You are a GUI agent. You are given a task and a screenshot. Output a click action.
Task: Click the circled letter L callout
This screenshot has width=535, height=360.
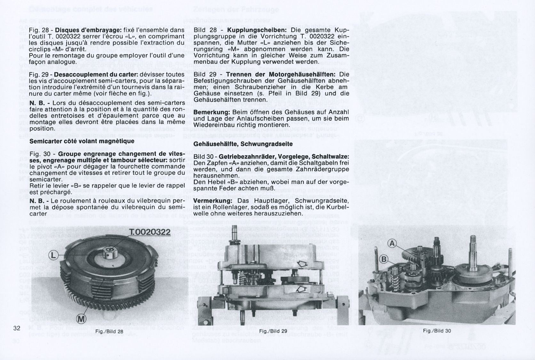point(53,255)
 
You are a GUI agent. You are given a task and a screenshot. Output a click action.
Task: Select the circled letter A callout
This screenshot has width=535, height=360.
point(392,244)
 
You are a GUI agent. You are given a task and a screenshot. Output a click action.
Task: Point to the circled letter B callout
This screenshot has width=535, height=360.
point(383,259)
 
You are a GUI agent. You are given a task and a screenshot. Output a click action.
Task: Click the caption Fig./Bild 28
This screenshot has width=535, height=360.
point(109,331)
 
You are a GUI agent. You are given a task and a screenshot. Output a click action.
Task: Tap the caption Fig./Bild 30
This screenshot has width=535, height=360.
point(437,331)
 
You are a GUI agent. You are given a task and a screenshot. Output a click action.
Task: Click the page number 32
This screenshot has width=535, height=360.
point(17,328)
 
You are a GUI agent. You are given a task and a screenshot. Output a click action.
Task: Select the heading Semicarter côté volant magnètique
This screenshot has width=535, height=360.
point(82,141)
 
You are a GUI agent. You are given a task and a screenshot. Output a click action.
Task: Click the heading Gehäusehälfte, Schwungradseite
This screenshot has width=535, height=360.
point(243,144)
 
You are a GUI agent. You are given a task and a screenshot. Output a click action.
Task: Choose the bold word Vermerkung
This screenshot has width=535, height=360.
point(213,201)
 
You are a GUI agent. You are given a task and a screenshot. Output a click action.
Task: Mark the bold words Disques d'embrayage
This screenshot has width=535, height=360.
point(88,30)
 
